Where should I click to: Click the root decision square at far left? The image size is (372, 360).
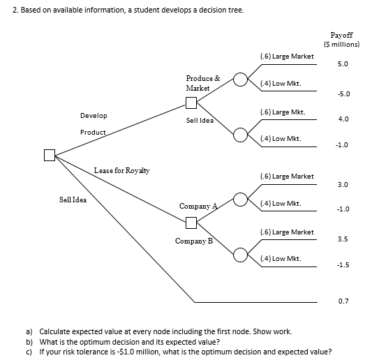[x=50, y=155]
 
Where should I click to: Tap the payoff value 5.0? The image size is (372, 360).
[x=342, y=63]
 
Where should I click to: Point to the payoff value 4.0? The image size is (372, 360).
[x=343, y=119]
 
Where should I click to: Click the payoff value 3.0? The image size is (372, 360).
[x=343, y=185]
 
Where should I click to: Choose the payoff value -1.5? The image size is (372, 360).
[x=342, y=265]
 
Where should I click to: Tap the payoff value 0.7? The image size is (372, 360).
[x=343, y=301]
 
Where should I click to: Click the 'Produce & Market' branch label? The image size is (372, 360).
[x=202, y=83]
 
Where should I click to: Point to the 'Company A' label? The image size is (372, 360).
[x=198, y=207]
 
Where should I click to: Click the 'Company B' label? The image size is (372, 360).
[x=195, y=241]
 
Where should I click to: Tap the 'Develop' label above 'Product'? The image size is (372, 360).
[x=94, y=115]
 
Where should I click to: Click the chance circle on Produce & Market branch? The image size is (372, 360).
[x=239, y=78]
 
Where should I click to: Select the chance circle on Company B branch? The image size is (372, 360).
[x=239, y=253]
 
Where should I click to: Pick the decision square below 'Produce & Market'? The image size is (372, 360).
[x=192, y=104]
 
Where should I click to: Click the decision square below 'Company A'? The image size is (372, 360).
[x=191, y=223]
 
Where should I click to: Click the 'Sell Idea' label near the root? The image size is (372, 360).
[x=73, y=200]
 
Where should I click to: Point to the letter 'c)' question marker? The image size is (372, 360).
[x=29, y=351]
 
